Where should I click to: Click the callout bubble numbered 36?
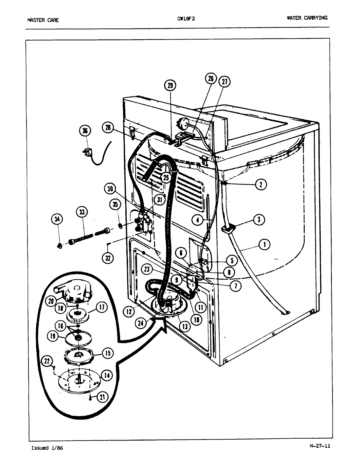coord(85,131)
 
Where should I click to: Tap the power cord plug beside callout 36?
coord(87,153)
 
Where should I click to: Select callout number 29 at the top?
coord(170,86)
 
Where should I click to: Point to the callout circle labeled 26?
coord(211,78)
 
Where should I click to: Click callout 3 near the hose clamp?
coord(259,219)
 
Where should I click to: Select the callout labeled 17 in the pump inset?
coord(102,307)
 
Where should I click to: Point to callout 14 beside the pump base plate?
coord(107,375)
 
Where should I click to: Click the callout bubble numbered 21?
coord(102,397)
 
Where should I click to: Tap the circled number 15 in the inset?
coord(107,353)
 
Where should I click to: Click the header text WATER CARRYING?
coord(307,18)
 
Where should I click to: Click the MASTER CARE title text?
coord(43,20)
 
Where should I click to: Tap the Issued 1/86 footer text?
coord(47,448)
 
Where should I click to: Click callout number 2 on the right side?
coord(261,184)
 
